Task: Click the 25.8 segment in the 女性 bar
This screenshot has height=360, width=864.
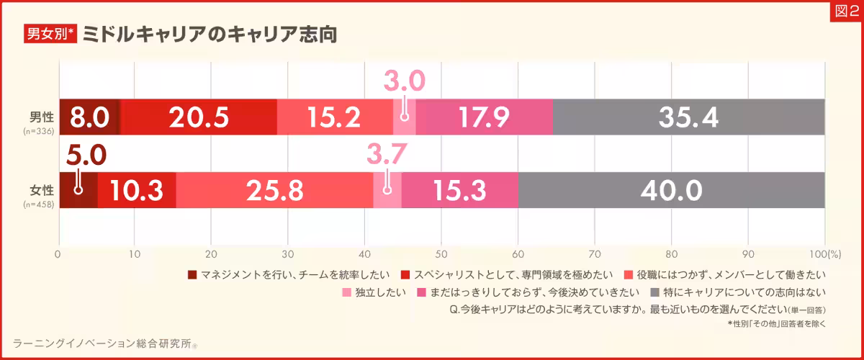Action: point(274,191)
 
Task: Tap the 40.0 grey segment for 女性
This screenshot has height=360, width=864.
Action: point(671,191)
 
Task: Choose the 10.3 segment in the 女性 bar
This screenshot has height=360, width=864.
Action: point(137,191)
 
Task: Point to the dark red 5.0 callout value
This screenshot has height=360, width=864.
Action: point(86,154)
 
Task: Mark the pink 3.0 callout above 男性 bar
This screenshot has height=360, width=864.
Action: point(404,81)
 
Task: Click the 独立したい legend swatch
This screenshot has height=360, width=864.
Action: point(346,293)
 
